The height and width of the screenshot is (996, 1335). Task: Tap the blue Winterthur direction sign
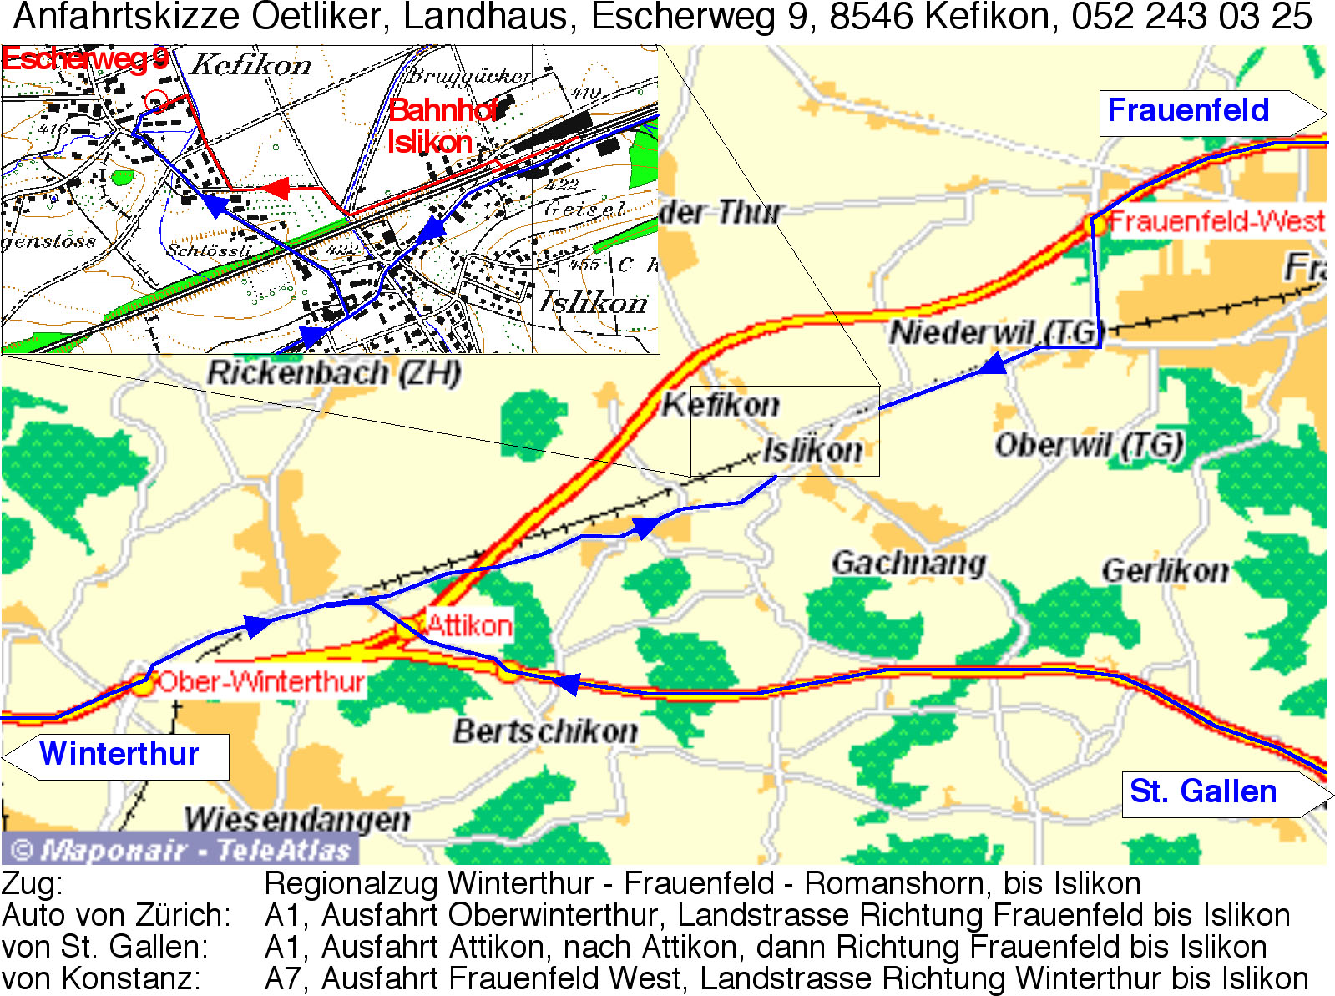click(x=119, y=755)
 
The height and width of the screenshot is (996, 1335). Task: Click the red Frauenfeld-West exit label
click(x=1216, y=222)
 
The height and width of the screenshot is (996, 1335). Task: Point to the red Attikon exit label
click(x=469, y=625)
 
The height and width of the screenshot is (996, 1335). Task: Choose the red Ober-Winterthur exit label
click(x=260, y=682)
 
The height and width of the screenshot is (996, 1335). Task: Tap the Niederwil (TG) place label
click(x=996, y=332)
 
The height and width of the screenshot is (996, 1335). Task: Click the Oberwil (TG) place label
click(x=1088, y=445)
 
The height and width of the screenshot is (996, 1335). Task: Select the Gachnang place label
click(x=908, y=563)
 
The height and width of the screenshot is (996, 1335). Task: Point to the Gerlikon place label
click(x=1165, y=571)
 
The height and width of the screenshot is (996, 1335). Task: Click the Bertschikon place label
click(x=545, y=731)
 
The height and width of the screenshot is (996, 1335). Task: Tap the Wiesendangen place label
click(x=297, y=819)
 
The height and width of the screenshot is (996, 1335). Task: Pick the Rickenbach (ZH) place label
click(x=333, y=372)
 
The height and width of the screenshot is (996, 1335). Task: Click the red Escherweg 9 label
click(x=84, y=59)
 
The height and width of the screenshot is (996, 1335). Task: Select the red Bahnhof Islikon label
click(x=438, y=126)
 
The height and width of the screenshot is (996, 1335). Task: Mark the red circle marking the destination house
click(x=156, y=101)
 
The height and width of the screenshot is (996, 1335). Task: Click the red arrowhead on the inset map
click(x=277, y=189)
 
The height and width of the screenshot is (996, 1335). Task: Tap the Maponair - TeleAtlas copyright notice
click(x=180, y=850)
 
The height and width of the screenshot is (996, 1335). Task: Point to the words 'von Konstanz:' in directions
click(x=101, y=979)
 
